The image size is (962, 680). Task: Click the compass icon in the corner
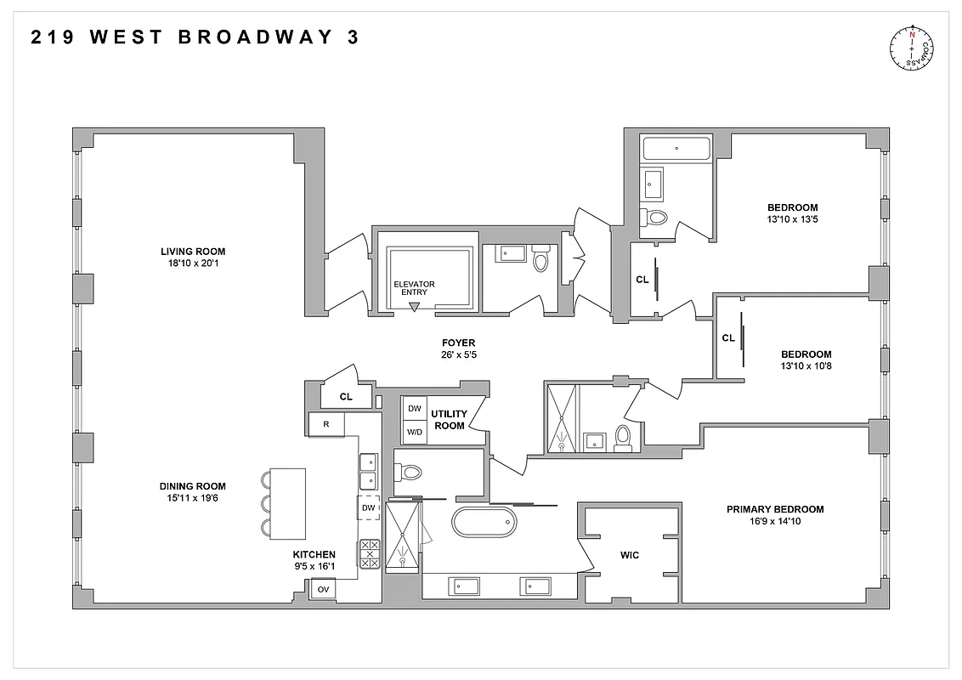[x=911, y=48]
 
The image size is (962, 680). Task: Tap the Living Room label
[x=193, y=252]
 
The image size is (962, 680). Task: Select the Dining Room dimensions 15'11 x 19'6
[x=193, y=499]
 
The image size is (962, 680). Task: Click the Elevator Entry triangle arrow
[x=415, y=306]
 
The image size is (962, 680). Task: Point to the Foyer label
[x=459, y=343]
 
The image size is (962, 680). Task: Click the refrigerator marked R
[x=326, y=424]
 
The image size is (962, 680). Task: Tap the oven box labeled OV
[x=323, y=589]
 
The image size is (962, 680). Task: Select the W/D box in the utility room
[x=415, y=432]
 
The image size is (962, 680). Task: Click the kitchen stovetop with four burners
[x=370, y=554]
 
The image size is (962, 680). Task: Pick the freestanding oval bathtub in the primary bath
[x=484, y=522]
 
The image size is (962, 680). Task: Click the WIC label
[x=630, y=555]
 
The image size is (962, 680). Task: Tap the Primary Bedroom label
[x=774, y=509]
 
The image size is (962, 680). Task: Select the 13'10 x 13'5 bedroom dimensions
[x=792, y=219]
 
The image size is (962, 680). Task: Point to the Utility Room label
[x=448, y=419]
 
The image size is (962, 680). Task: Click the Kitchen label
[x=314, y=554]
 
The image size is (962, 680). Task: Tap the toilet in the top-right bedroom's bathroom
[x=655, y=217]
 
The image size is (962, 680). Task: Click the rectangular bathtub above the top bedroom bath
[x=676, y=149]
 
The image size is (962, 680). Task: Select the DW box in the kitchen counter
[x=368, y=508]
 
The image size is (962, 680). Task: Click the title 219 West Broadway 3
[x=195, y=37]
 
